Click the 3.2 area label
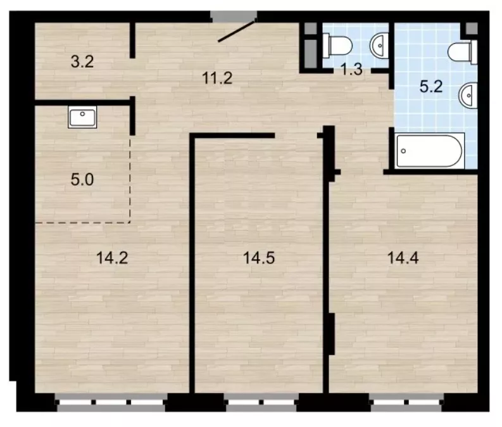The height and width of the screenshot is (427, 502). click(x=82, y=61)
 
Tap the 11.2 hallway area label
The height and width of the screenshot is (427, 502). click(x=217, y=78)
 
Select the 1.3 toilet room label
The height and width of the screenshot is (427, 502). click(x=351, y=69)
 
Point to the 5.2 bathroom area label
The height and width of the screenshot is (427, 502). click(x=431, y=87)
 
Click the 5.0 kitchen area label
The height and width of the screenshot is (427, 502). click(x=82, y=180)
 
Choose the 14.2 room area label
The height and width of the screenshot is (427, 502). click(x=112, y=258)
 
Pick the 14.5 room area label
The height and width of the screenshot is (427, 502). click(x=259, y=258)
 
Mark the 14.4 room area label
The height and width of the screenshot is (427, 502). click(x=403, y=258)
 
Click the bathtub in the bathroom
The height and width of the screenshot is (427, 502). click(x=429, y=151)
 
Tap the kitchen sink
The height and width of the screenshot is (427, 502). click(x=82, y=117)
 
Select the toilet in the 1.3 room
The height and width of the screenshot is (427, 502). click(x=337, y=46)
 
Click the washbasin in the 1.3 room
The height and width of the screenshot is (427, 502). click(x=379, y=46)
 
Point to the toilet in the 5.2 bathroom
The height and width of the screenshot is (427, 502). click(x=462, y=52)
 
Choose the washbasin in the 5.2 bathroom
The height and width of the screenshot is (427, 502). click(x=468, y=95)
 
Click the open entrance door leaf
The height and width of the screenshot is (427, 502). click(x=237, y=30)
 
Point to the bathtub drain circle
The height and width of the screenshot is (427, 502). click(x=403, y=151)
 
